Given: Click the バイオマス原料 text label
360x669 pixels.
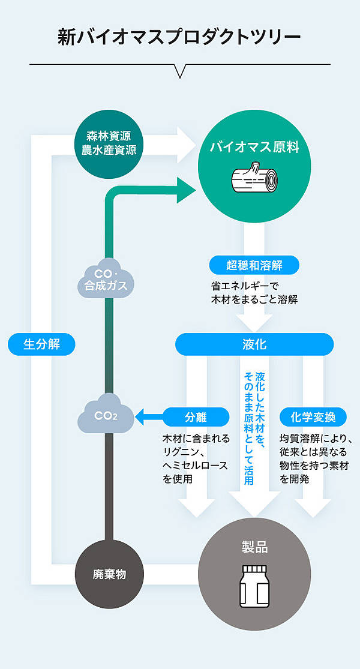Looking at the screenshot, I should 254,147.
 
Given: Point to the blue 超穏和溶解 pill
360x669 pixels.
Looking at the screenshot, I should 254,265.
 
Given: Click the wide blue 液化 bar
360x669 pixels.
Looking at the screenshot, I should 254,344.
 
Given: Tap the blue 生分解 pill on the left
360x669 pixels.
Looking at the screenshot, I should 41,344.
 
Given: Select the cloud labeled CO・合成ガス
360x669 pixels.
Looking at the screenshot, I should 106,279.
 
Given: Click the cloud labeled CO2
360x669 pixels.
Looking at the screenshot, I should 106,415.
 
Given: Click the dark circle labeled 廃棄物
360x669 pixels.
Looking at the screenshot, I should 109,574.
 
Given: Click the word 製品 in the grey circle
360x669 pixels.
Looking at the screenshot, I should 254,547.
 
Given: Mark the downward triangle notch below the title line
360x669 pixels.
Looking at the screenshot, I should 179,71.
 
